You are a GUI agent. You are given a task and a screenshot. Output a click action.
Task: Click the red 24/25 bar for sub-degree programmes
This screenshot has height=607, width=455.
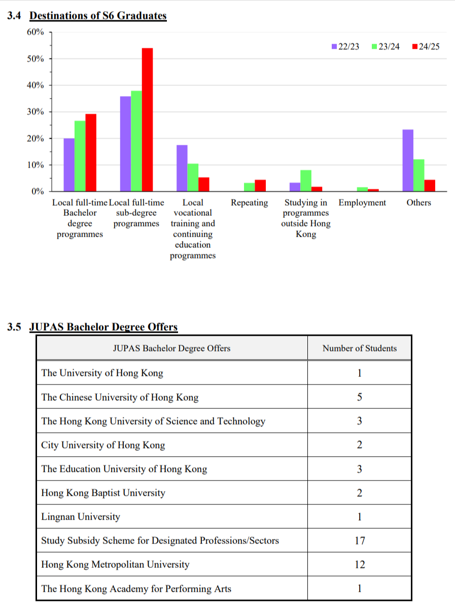[147, 119]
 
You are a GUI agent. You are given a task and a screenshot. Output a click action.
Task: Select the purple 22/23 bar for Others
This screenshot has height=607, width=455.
[408, 161]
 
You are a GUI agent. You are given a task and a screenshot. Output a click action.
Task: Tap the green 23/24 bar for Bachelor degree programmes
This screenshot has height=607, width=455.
[80, 156]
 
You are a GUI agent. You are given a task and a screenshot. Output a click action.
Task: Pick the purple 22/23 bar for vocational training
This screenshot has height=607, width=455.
[182, 168]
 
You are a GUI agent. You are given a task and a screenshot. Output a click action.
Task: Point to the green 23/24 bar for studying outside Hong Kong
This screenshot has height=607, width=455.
[306, 180]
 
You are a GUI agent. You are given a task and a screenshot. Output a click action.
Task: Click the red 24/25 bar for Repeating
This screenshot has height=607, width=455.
[260, 185]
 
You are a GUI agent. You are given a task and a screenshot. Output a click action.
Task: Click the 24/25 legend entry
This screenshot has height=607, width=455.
[426, 47]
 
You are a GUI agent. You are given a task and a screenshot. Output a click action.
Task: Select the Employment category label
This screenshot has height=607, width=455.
[362, 203]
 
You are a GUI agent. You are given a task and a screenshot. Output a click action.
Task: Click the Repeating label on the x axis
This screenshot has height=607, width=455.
[249, 203]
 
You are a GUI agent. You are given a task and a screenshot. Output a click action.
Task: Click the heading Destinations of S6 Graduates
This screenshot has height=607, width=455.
[98, 16]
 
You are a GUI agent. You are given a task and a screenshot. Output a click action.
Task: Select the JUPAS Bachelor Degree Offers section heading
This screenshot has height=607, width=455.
[103, 327]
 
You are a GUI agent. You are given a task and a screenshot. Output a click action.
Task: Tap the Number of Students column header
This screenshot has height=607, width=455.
[359, 348]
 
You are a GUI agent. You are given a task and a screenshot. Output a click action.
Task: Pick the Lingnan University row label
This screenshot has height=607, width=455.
[81, 517]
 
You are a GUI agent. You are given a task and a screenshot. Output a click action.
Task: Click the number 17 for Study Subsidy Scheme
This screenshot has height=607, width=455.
[359, 540]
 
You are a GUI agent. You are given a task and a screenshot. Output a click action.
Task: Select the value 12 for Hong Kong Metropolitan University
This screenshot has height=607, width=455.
[359, 564]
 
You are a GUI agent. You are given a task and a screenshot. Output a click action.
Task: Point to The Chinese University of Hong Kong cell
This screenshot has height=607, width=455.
[120, 397]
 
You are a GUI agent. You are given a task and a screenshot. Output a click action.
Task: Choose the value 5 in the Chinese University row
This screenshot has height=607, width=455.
[359, 397]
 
